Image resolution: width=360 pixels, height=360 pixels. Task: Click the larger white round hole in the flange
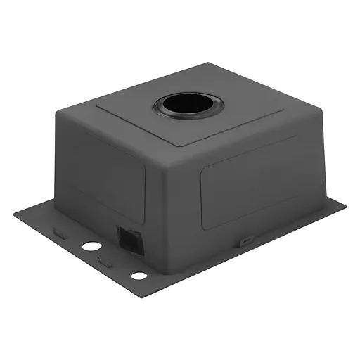tap(91, 247)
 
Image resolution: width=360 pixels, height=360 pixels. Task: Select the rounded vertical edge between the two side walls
tap(151, 204)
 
